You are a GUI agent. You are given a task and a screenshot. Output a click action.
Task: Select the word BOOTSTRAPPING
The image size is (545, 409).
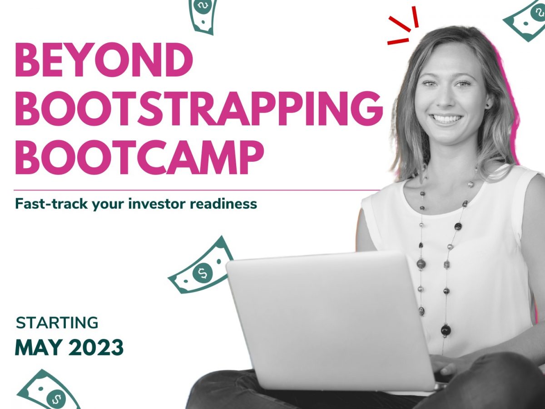pos(198,109)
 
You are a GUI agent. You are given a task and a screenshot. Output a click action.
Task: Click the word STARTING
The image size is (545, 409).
pos(57,323)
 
